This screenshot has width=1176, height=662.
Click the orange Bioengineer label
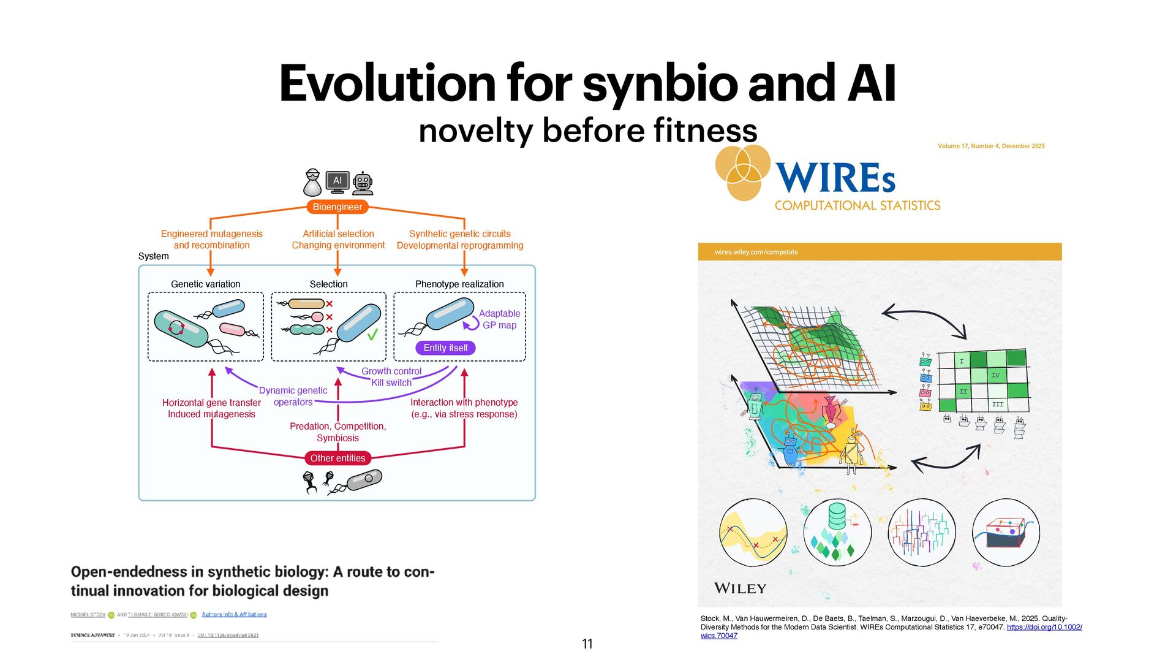[337, 207]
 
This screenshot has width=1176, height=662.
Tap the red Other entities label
[337, 458]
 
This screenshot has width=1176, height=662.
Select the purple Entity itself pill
[445, 348]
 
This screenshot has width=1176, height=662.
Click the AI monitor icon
[337, 181]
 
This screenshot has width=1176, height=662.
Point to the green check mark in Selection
[372, 335]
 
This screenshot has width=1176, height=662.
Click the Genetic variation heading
[205, 284]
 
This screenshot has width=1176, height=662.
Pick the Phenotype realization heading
[459, 284]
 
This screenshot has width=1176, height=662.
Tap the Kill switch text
[391, 382]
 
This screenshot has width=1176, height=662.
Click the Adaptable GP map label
[499, 319]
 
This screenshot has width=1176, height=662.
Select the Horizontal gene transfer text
[211, 402]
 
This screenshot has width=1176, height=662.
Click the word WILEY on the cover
[740, 588]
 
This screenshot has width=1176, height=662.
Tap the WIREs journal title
[835, 178]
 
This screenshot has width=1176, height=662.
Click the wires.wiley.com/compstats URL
[756, 252]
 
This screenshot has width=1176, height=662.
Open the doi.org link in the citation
[1044, 627]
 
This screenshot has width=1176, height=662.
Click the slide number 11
[587, 644]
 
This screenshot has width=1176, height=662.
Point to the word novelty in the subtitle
[475, 131]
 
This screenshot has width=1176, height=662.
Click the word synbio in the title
[660, 83]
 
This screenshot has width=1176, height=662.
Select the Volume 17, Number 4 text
[991, 146]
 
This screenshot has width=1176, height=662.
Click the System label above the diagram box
[153, 256]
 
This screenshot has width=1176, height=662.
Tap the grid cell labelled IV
[995, 375]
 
